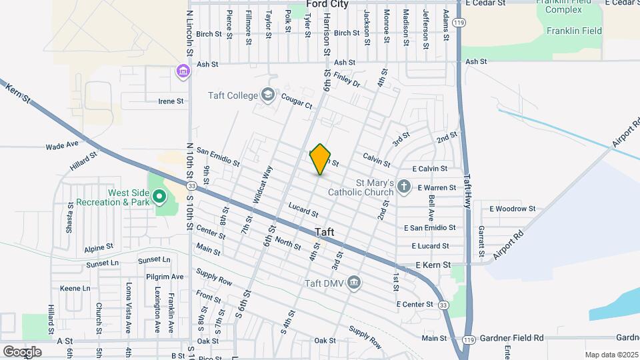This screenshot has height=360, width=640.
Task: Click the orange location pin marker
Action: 321,159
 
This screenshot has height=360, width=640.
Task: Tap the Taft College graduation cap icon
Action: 268,95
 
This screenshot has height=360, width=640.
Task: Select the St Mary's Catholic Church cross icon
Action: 404,187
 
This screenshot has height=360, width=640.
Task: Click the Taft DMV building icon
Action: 355,283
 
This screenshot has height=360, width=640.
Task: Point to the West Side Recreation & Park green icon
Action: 159,197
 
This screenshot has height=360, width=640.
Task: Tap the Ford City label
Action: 327,4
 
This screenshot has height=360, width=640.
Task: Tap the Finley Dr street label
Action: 347,81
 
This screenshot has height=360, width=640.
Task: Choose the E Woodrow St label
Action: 512,209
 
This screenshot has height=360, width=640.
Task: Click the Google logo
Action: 23,351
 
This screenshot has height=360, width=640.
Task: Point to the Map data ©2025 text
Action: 611,355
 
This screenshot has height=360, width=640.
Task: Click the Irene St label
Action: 171,101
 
